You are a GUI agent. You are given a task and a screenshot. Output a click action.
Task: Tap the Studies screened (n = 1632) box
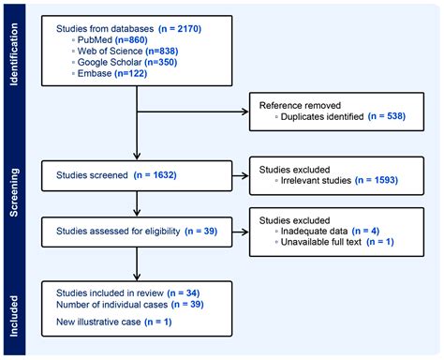coord(136,173)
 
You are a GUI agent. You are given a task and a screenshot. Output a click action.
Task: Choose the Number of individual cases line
coord(128,306)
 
